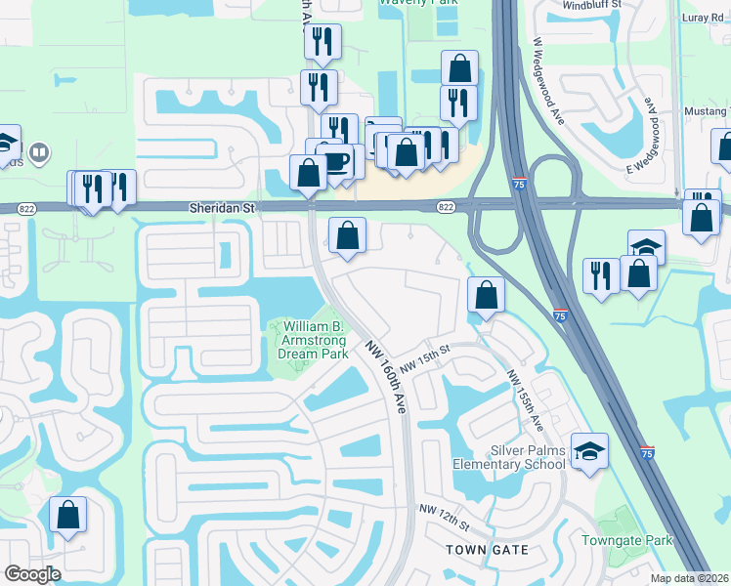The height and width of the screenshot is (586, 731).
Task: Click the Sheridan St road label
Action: pyautogui.click(x=222, y=208)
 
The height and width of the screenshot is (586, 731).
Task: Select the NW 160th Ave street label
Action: pyautogui.click(x=387, y=377)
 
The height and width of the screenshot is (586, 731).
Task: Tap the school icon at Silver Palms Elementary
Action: pyautogui.click(x=589, y=451)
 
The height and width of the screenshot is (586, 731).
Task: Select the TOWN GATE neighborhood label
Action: pyautogui.click(x=487, y=550)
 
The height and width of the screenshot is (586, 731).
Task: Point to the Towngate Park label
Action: pyautogui.click(x=627, y=540)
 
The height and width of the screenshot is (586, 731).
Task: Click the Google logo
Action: pyautogui.click(x=32, y=573)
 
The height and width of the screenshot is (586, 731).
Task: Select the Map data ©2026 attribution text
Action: pyautogui.click(x=689, y=578)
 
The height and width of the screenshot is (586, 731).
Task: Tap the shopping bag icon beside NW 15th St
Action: pyautogui.click(x=486, y=295)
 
